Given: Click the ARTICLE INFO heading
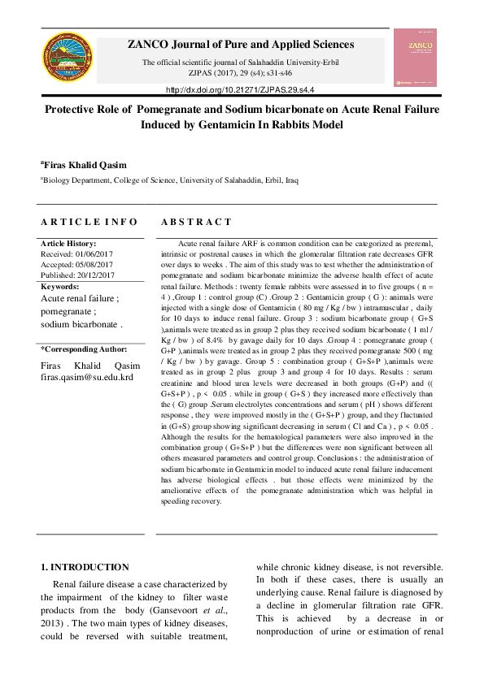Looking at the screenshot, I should tap(89, 221).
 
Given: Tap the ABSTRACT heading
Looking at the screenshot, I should tap(196, 221).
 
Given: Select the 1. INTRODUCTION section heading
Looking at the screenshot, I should tap(85, 567).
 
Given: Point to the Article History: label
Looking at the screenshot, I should tap(68, 243).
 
